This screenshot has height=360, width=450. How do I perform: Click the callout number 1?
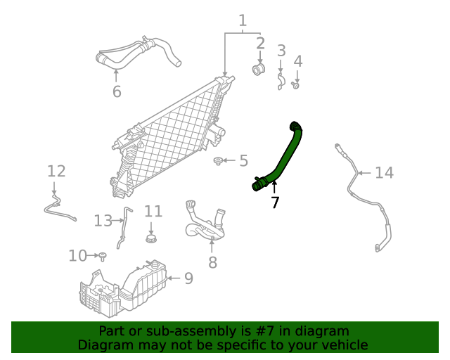click(x=243, y=20)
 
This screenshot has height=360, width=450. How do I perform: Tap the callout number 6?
click(x=117, y=91)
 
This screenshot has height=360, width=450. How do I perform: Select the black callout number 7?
click(x=275, y=202)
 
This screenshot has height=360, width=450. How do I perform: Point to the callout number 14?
click(x=384, y=172)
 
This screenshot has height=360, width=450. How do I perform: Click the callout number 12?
click(x=56, y=171)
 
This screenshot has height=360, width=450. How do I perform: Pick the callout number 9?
click(x=188, y=278)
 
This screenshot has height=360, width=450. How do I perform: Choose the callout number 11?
click(x=153, y=211)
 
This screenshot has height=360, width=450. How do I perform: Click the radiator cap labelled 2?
click(x=258, y=69)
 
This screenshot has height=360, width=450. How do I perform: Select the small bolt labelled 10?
click(x=103, y=255)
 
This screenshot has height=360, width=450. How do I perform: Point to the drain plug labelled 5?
click(x=219, y=162)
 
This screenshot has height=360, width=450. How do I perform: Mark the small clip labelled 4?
click(x=297, y=85)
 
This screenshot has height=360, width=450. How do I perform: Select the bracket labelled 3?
click(x=280, y=82)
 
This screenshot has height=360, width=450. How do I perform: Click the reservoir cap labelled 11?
click(x=150, y=238)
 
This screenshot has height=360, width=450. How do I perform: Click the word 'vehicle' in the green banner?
click(x=343, y=345)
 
